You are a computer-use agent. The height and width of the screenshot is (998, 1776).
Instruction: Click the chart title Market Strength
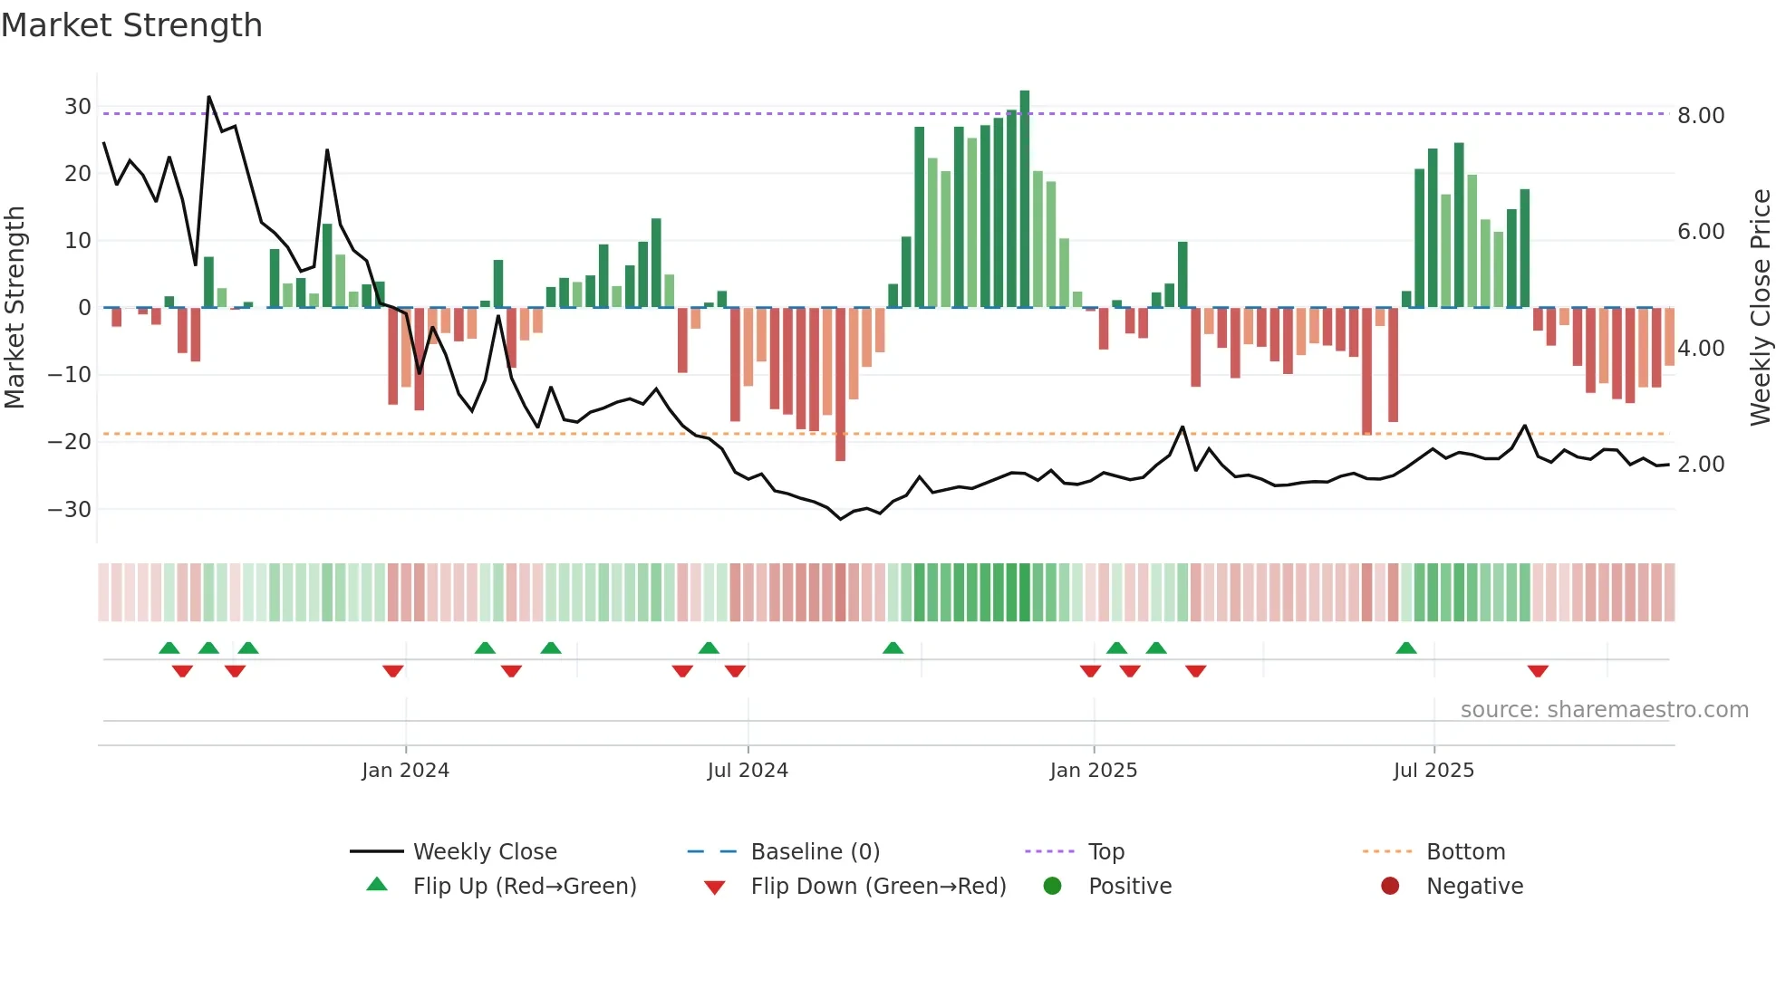131,25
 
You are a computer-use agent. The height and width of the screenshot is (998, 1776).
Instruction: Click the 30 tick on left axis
78,107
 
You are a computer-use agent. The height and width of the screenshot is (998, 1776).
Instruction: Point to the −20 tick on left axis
71,442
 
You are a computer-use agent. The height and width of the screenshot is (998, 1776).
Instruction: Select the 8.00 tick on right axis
1701,116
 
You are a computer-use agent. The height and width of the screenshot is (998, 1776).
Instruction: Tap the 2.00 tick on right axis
1701,465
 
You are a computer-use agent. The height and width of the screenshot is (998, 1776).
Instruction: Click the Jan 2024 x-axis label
405,771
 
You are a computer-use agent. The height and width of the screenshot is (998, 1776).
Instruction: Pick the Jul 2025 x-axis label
1433,771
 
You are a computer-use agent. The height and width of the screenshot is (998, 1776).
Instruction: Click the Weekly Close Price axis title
1760,308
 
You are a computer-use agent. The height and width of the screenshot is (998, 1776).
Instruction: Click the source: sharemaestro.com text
1604,710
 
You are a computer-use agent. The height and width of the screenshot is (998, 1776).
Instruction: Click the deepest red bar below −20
840,385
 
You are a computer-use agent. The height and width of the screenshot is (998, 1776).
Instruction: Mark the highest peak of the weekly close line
209,97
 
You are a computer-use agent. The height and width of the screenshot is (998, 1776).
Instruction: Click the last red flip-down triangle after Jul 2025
1538,671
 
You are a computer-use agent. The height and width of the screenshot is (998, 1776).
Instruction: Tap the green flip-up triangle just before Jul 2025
1406,648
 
